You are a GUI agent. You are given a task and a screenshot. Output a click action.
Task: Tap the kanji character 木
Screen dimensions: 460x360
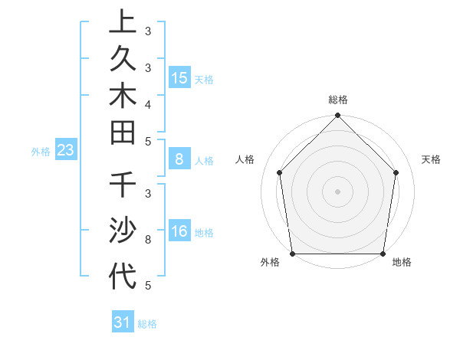[122, 99]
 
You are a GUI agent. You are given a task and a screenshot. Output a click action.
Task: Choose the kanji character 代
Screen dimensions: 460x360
[122, 275]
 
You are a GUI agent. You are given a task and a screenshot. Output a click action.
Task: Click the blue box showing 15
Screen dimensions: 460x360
[179, 78]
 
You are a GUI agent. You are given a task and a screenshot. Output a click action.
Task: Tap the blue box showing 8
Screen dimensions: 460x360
[179, 159]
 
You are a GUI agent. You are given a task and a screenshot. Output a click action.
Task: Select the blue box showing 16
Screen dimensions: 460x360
[179, 232]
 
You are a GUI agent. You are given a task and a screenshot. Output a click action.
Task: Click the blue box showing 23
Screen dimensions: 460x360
[65, 151]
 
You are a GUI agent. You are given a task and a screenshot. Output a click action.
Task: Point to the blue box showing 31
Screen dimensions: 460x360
[122, 322]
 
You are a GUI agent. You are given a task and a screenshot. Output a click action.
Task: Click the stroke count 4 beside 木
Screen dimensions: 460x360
[148, 103]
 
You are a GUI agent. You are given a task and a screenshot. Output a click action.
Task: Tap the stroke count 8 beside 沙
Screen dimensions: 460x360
[148, 240]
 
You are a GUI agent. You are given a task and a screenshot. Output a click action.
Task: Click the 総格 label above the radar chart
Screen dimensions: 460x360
[338, 100]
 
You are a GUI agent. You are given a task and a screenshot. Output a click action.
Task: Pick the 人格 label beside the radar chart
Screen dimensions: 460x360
[245, 159]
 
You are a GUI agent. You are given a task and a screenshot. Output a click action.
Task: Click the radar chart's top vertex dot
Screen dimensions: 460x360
[338, 116]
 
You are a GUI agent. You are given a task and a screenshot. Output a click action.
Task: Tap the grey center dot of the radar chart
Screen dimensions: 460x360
[338, 191]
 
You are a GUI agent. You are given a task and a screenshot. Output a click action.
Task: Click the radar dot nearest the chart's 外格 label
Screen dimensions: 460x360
[292, 254]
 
